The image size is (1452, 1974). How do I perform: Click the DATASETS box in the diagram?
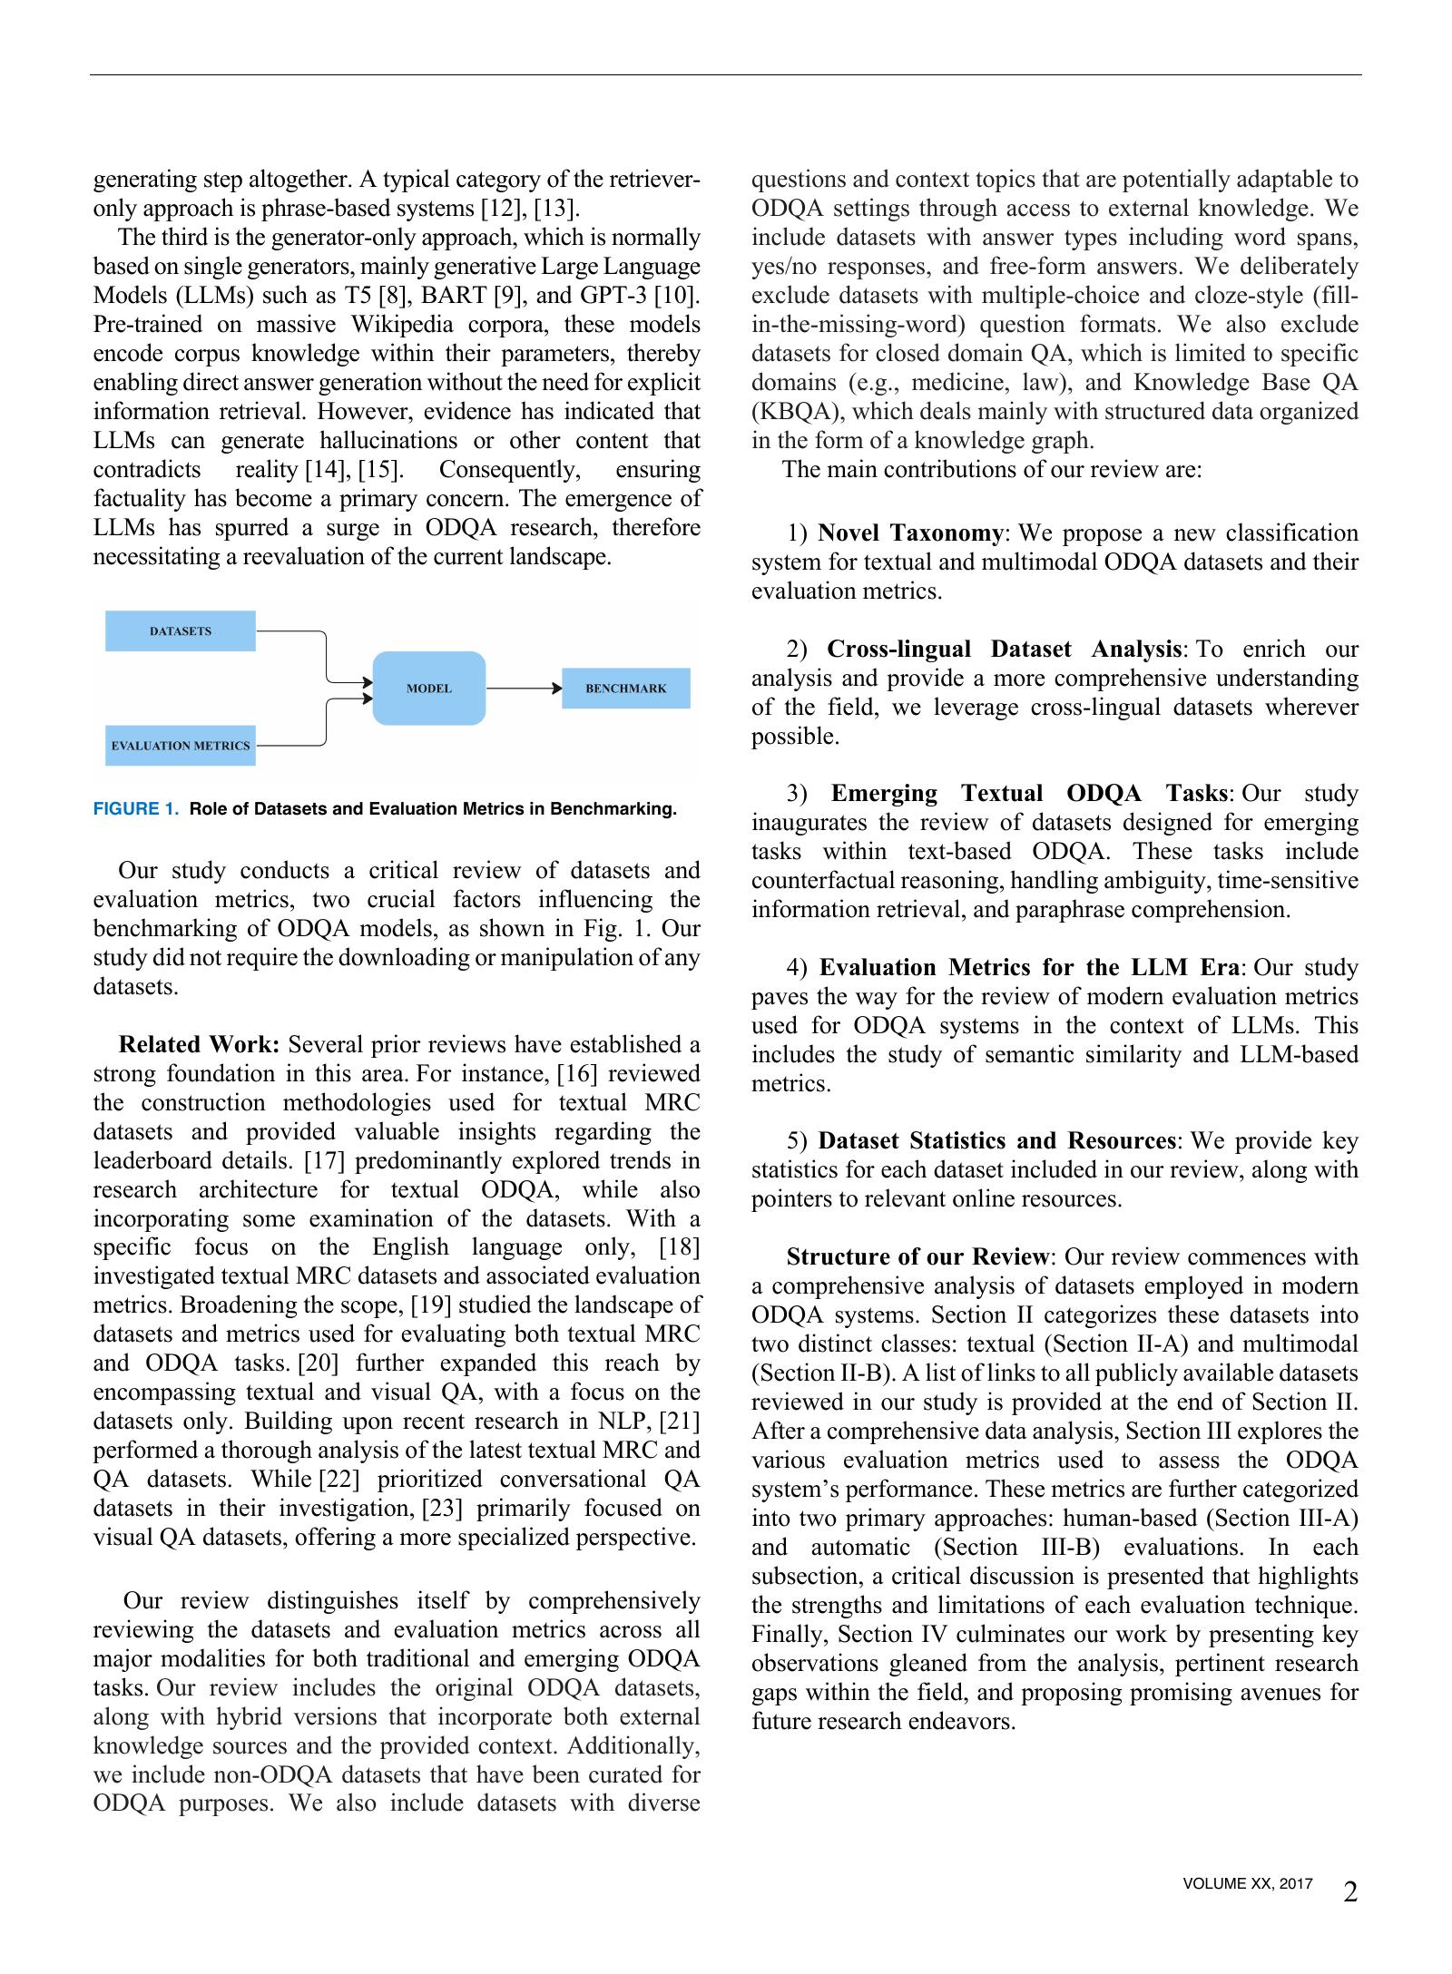(x=180, y=631)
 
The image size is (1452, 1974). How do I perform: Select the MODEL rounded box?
(x=428, y=689)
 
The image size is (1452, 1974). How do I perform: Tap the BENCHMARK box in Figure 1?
(x=625, y=689)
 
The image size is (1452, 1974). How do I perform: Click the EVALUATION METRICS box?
(x=180, y=746)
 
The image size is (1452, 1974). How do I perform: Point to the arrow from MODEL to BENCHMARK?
(x=524, y=689)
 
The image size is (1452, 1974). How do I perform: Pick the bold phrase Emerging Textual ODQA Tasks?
(x=1029, y=794)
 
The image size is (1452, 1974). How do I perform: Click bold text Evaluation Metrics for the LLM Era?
(x=1028, y=968)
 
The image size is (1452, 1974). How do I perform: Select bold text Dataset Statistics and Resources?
(x=996, y=1141)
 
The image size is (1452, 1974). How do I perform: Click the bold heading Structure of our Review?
(x=917, y=1257)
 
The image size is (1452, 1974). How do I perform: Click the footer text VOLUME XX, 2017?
(x=1247, y=1884)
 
